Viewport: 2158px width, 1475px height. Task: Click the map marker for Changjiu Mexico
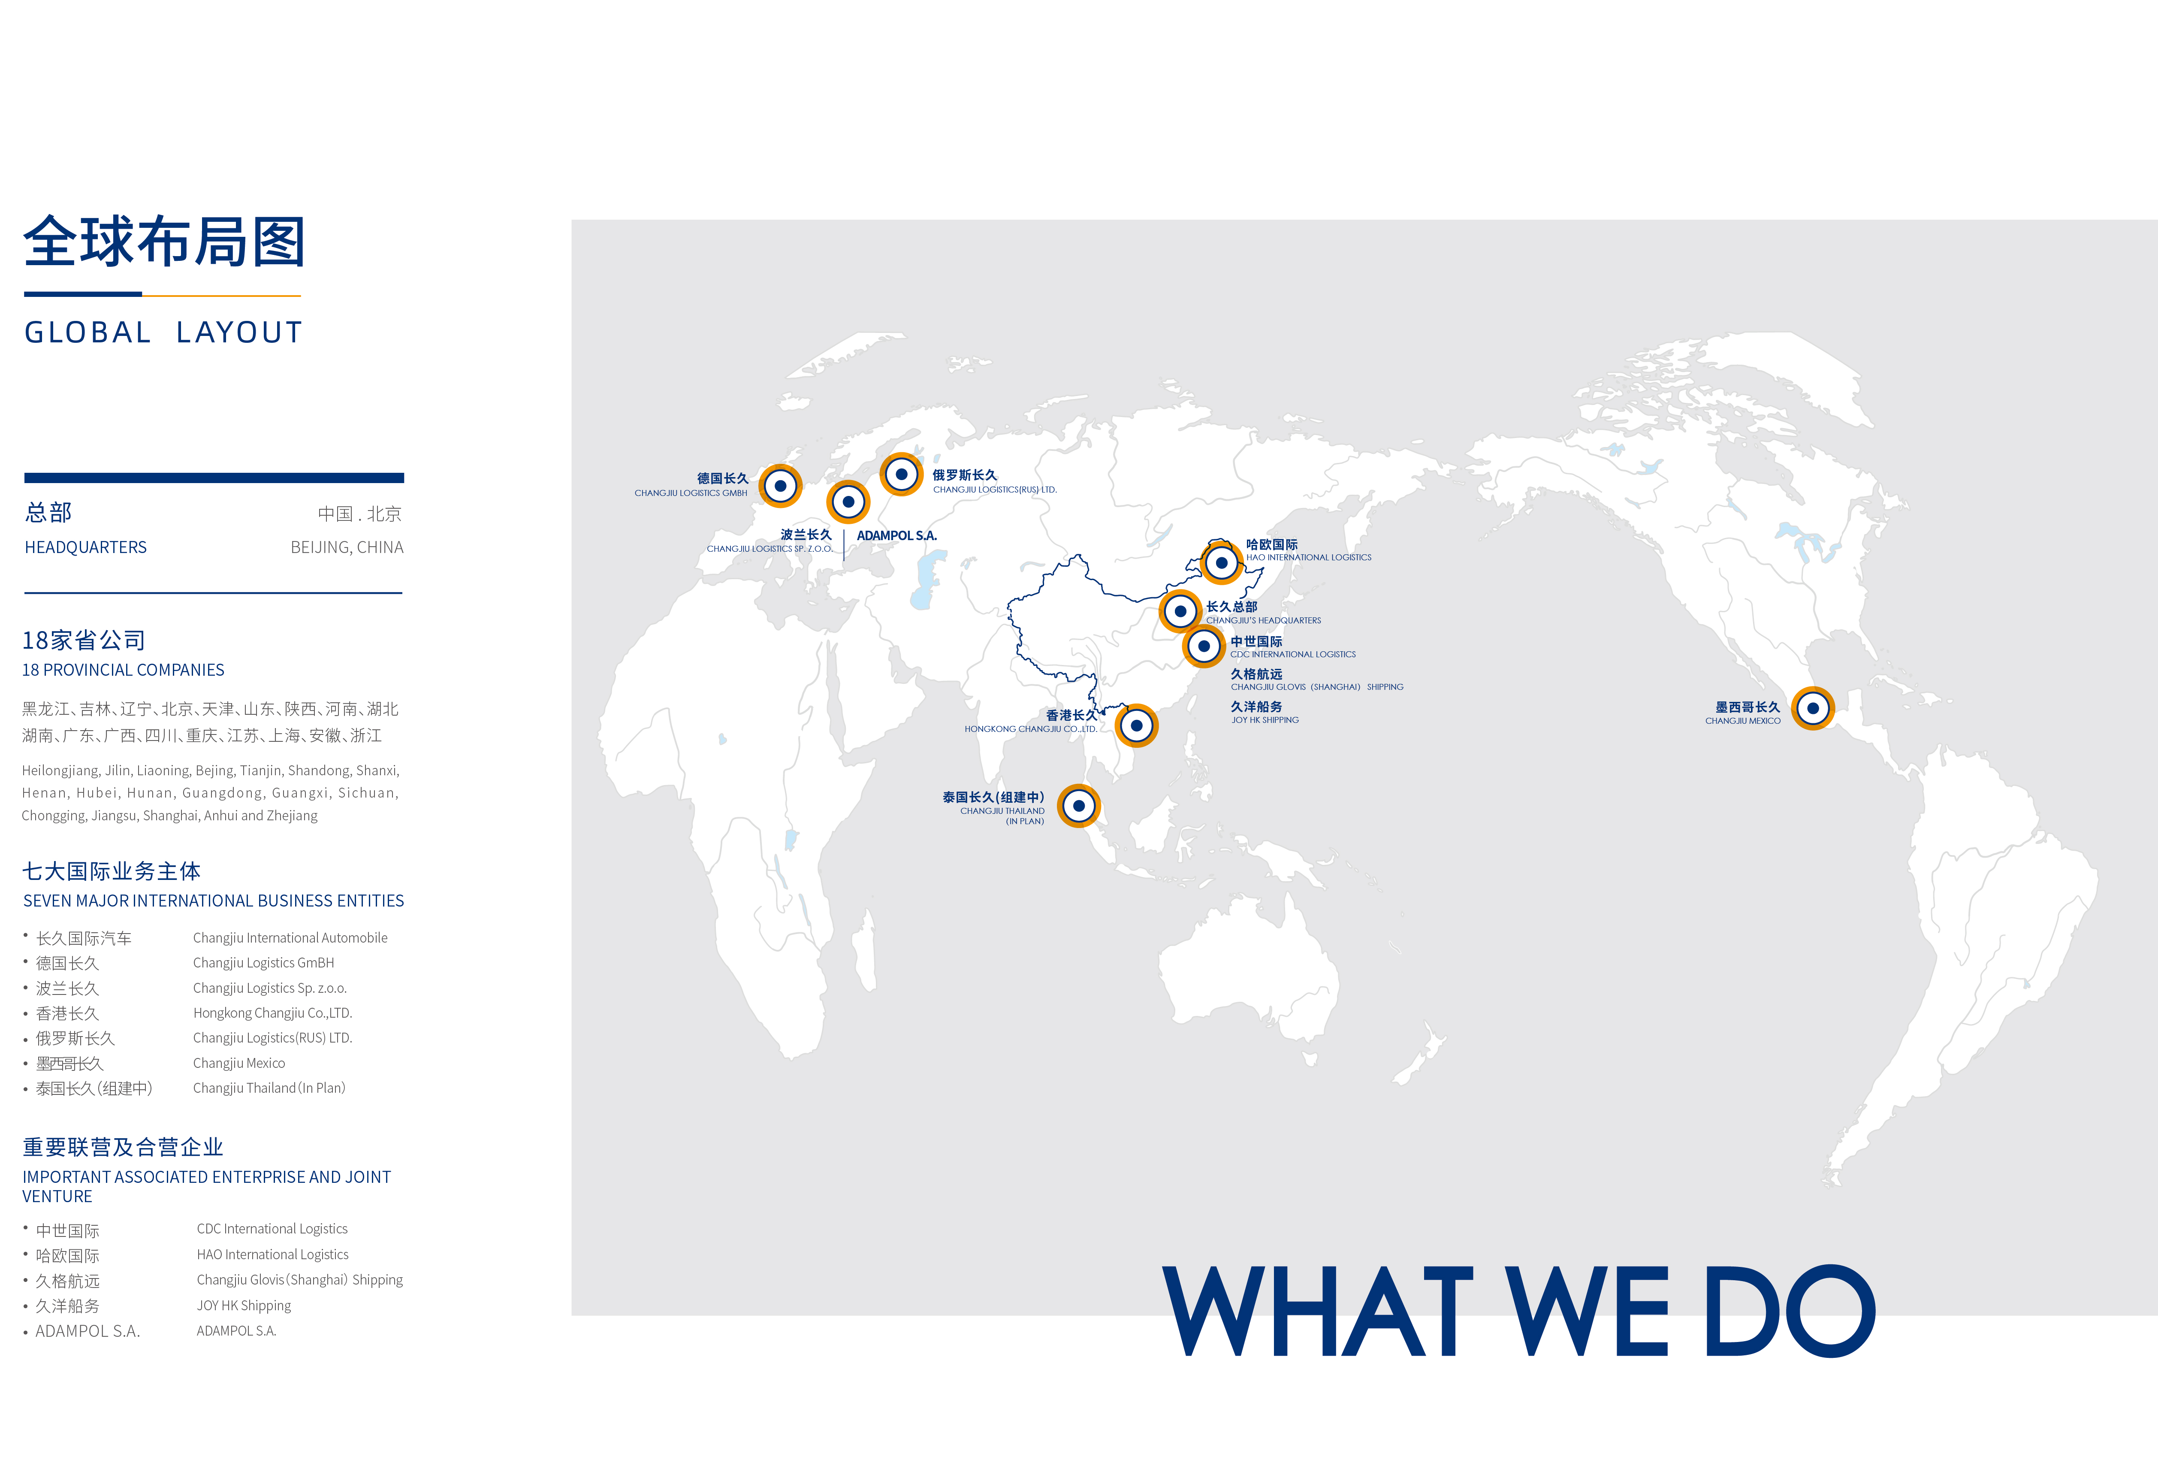(1813, 709)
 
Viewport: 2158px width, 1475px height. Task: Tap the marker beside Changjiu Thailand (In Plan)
(1079, 806)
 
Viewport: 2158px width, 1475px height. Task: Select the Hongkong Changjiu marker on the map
(1137, 725)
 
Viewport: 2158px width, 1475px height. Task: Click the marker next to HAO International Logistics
(1222, 563)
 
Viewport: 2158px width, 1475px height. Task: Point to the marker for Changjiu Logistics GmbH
(781, 486)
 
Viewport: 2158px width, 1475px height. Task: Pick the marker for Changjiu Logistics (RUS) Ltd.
(902, 475)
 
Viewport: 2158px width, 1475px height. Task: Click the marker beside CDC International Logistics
(1204, 647)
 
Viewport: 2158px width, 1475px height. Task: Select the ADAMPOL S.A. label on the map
(897, 536)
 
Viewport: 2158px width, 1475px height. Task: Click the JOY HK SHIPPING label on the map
(1265, 720)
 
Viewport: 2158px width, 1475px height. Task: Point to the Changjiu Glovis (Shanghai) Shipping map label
(1317, 687)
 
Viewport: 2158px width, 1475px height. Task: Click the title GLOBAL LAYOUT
(163, 332)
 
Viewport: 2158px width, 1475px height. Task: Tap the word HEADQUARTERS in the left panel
(85, 547)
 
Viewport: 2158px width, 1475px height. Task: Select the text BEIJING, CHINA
(347, 547)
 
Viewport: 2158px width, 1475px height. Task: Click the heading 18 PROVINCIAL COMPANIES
(124, 670)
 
